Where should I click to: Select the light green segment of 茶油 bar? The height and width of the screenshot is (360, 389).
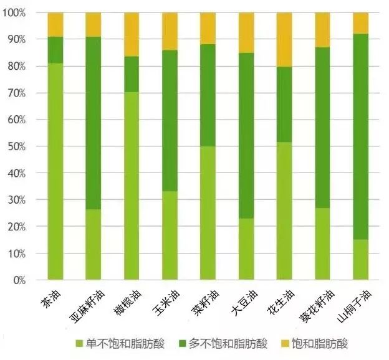(55, 171)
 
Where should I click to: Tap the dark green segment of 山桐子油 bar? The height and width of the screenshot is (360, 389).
(360, 136)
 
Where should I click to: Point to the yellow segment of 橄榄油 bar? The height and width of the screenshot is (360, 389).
(131, 34)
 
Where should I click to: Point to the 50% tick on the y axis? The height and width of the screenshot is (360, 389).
(31, 146)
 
